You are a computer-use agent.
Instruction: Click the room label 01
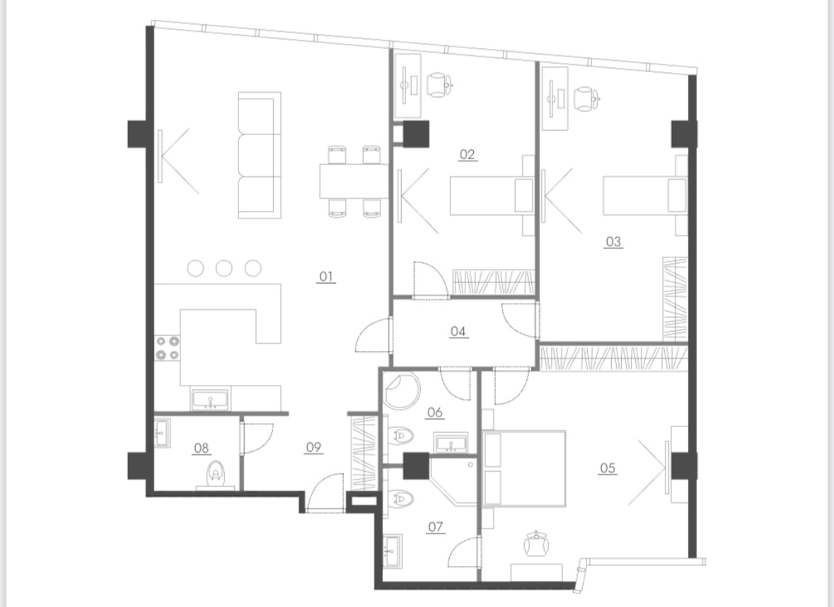coord(326,277)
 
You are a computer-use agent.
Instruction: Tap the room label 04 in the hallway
coord(458,331)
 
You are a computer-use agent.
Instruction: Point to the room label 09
coord(313,447)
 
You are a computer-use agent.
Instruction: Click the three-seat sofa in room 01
coord(260,156)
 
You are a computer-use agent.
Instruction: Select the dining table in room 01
coord(355,181)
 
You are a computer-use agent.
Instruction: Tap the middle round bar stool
coord(224,268)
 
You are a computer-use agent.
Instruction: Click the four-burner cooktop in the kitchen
coord(167,348)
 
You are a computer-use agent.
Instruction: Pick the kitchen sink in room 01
coord(211,400)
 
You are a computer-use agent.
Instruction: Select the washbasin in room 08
coord(162,433)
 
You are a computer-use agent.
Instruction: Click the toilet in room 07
coord(400,499)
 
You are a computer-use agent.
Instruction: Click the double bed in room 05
coord(524,468)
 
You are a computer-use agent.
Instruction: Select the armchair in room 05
coord(537,544)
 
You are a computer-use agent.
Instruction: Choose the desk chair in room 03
coord(586,99)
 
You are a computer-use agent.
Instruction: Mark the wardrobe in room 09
coord(364,453)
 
